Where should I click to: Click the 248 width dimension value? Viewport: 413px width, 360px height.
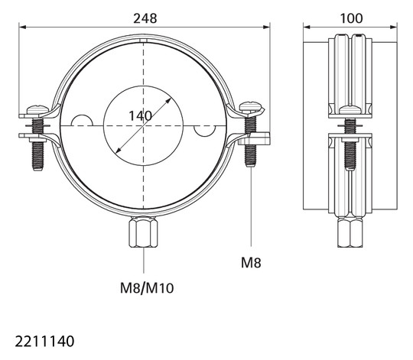[x=145, y=18]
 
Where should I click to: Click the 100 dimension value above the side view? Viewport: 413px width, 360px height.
[x=351, y=18]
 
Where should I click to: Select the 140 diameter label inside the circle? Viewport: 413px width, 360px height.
[x=140, y=115]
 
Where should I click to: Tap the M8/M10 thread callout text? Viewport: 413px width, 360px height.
[x=147, y=288]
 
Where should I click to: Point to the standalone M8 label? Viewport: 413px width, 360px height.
[x=251, y=263]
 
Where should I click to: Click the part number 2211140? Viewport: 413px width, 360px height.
[x=44, y=342]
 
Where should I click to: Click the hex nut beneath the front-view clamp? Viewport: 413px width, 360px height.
[x=143, y=232]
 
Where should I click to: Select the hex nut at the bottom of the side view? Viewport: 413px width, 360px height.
[x=350, y=233]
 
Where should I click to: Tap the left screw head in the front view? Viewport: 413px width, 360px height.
[x=38, y=109]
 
